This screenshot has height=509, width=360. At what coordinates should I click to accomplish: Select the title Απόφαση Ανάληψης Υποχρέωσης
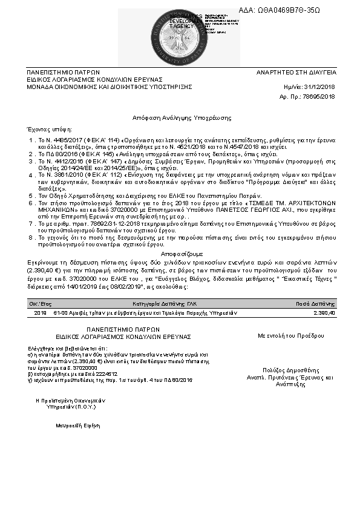pos(182,116)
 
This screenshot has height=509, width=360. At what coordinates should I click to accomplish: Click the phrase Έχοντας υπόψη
pos(46,129)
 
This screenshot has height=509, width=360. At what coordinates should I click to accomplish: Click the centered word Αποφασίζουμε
pos(182,254)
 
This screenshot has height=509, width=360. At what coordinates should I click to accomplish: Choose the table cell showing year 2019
pos(40,313)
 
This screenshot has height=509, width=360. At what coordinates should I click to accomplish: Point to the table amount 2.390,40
pos(324,313)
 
